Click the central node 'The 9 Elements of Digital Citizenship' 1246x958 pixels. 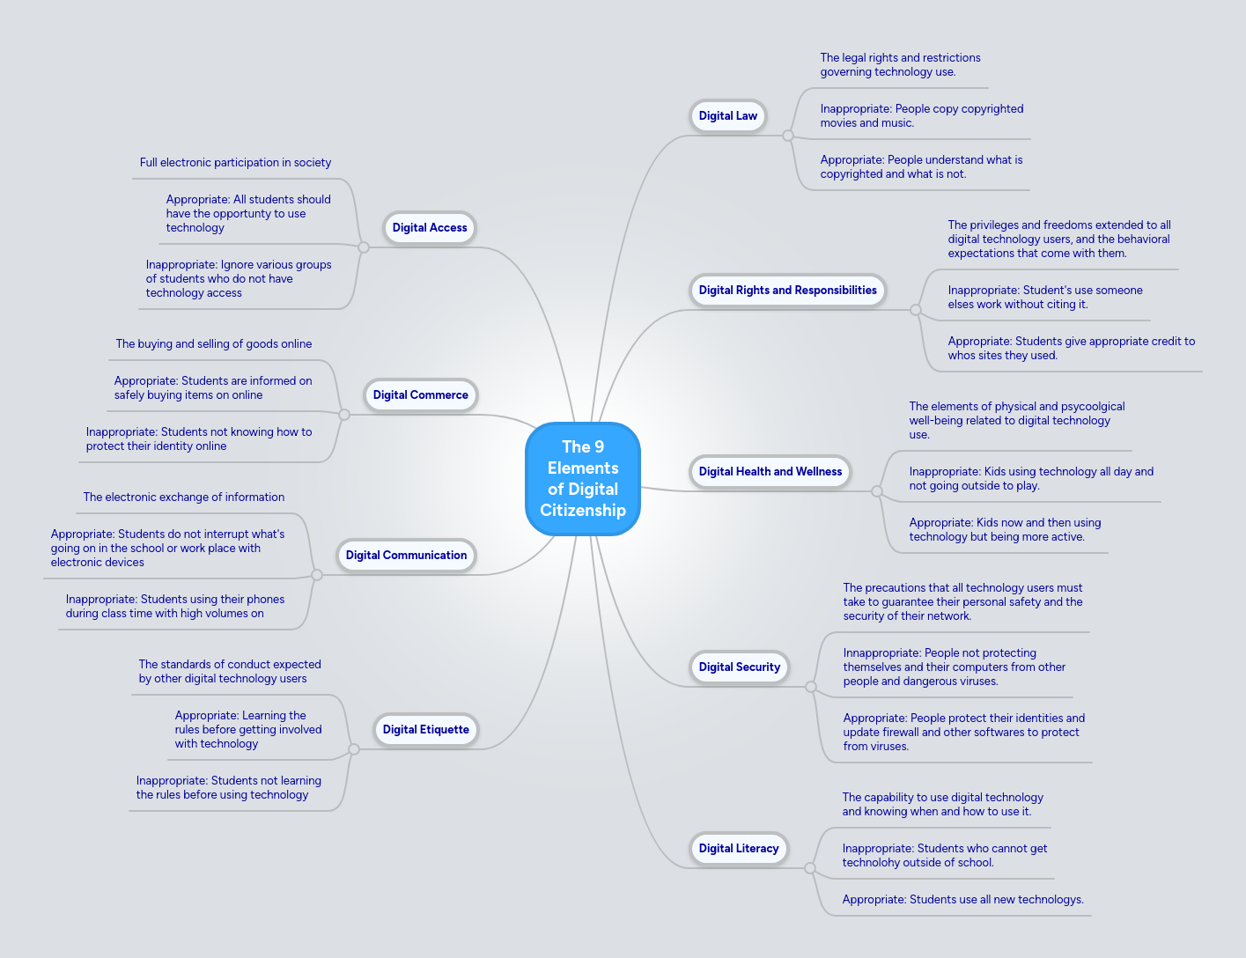pos(583,478)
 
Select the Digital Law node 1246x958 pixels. pos(727,115)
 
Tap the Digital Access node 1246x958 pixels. pos(430,227)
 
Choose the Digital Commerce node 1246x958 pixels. pos(420,394)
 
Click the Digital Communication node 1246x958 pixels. pos(406,555)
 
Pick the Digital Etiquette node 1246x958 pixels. pos(425,729)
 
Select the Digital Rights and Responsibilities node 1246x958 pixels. pos(787,290)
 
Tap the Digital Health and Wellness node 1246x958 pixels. pos(770,471)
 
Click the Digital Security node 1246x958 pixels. pos(739,667)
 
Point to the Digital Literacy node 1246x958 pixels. pos(738,848)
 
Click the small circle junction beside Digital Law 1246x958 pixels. pos(788,136)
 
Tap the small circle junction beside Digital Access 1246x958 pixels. pos(364,247)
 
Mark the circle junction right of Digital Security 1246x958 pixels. pos(811,687)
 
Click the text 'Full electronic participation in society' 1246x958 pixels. pos(235,162)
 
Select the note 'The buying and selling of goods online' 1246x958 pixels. pos(214,343)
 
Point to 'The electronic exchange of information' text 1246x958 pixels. pos(184,497)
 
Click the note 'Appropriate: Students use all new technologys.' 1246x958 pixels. pos(962,899)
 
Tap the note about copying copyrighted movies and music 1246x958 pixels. pos(921,115)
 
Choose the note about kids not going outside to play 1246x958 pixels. pos(1030,478)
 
